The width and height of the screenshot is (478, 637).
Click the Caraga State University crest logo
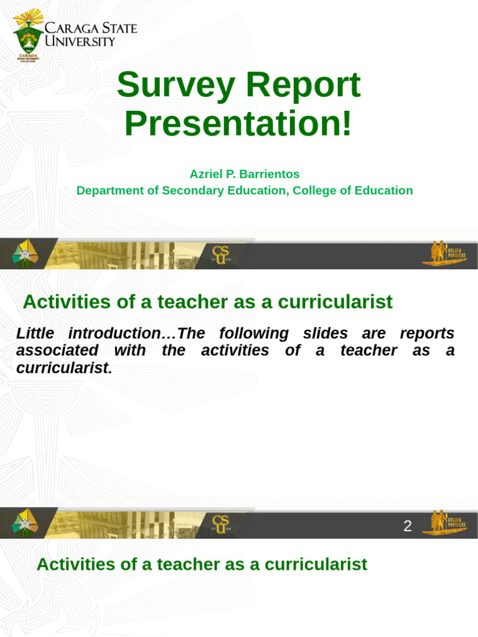(x=29, y=34)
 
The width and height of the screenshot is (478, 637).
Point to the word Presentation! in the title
(x=238, y=123)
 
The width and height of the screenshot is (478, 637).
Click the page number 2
(x=408, y=526)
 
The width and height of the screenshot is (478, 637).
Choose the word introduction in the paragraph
(x=114, y=333)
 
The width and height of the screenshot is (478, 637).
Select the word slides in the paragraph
(x=324, y=333)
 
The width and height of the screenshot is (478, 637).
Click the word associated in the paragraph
(x=57, y=350)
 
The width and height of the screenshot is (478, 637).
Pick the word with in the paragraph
(x=129, y=350)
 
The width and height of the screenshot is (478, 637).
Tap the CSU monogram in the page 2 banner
(x=220, y=523)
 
